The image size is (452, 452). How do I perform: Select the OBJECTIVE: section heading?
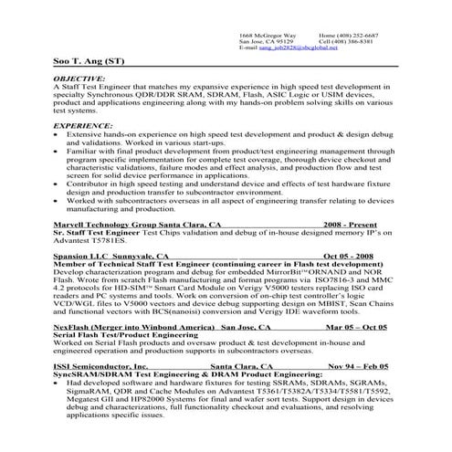coord(79,79)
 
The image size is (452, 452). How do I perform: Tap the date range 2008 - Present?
coord(352,223)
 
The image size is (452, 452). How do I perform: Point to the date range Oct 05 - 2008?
coord(348,257)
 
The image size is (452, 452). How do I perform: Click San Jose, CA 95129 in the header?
coord(266,41)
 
